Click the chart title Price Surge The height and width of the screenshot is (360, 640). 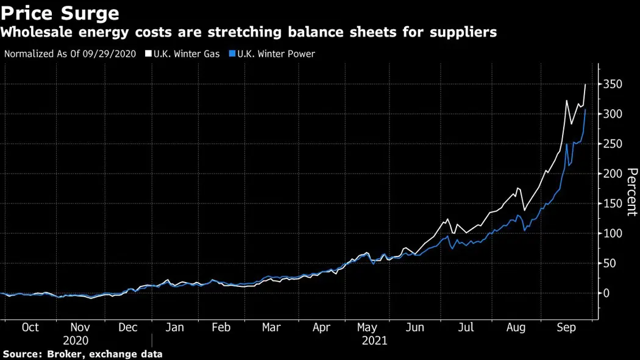[60, 12]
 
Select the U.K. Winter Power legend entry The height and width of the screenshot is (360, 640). [277, 54]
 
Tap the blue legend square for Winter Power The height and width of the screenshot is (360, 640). [232, 54]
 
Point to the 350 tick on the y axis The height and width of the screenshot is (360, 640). [612, 85]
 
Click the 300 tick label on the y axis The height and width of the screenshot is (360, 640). [612, 115]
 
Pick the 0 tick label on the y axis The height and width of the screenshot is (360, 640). [606, 294]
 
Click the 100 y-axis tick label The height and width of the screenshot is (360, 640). [612, 234]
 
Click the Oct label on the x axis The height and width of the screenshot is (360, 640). [30, 328]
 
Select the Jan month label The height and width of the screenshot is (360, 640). [175, 328]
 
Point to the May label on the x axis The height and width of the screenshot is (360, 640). [367, 328]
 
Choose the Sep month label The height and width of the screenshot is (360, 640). [566, 328]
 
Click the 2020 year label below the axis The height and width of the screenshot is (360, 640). [76, 341]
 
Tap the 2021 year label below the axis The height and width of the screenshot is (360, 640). [374, 341]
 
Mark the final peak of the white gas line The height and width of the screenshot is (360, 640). [585, 84]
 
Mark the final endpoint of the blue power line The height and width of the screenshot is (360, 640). [585, 110]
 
